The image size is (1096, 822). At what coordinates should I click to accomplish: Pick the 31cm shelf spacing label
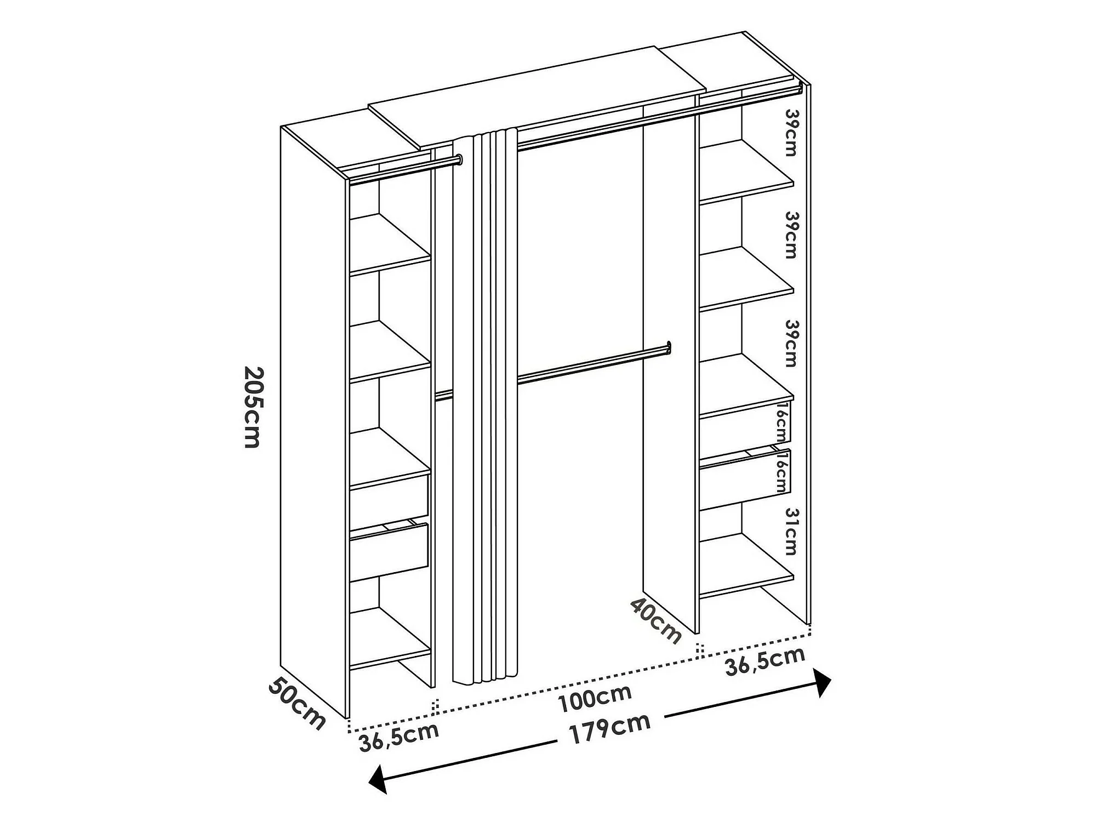pyautogui.click(x=791, y=531)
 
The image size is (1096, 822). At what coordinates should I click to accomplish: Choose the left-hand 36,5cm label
pyautogui.click(x=399, y=737)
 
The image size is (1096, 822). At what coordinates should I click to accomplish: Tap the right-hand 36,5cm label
pyautogui.click(x=766, y=661)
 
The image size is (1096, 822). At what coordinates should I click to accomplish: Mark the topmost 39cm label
pyautogui.click(x=791, y=132)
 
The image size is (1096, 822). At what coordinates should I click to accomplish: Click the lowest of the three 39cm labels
pyautogui.click(x=791, y=344)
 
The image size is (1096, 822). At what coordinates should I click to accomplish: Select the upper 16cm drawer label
pyautogui.click(x=784, y=423)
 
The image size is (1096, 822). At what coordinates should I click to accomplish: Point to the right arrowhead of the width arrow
pyautogui.click(x=822, y=682)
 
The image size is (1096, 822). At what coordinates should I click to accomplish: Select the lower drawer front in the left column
pyautogui.click(x=389, y=552)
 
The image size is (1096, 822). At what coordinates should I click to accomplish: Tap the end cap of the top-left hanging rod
pyautogui.click(x=459, y=160)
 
